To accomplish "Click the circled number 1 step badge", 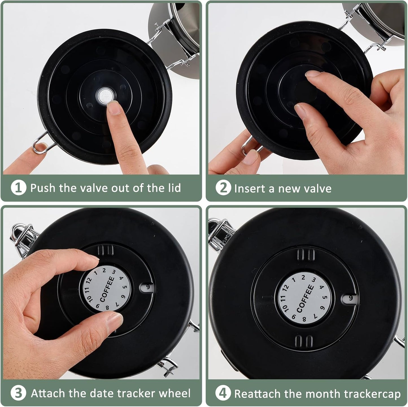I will (18, 188).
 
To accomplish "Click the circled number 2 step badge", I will (223, 188).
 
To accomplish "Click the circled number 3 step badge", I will (18, 393).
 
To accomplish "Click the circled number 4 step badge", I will (223, 393).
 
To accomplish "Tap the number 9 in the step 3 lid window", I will (148, 288).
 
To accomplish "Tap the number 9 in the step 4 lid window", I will (351, 298).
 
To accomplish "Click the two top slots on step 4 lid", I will (306, 255).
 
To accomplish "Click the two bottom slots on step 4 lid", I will (304, 341).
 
